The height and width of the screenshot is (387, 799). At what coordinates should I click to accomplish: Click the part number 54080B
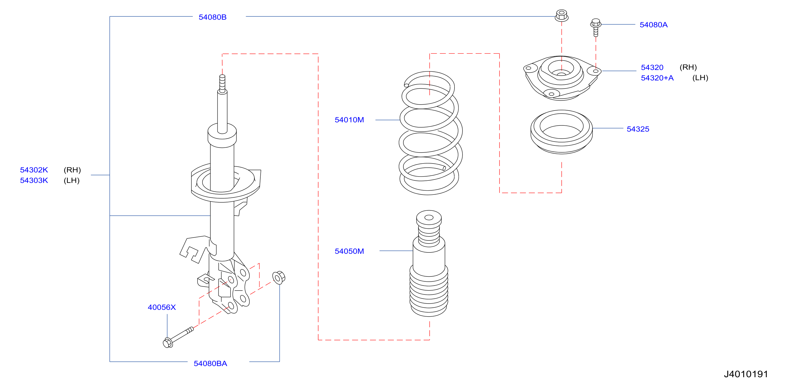tap(212, 17)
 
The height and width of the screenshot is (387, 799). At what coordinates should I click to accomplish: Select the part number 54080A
tap(654, 25)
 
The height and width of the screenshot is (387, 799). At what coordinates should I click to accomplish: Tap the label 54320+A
tap(657, 78)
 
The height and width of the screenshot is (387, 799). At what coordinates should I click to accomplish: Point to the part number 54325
tap(638, 129)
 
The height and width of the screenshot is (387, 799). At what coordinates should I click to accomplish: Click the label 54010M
tap(349, 120)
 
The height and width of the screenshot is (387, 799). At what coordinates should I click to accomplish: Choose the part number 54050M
tap(349, 251)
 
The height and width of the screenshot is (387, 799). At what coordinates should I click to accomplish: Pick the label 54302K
tap(34, 170)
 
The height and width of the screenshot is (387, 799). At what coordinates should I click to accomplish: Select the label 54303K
tap(34, 180)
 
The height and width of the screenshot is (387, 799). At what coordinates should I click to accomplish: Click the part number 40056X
tap(162, 307)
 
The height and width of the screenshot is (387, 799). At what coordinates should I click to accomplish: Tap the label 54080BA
tap(210, 364)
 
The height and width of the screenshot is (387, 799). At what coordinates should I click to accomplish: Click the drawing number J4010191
tap(746, 374)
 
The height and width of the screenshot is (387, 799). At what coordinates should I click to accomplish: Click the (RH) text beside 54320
tap(688, 67)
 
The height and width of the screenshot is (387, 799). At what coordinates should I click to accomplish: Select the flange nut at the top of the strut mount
tap(561, 16)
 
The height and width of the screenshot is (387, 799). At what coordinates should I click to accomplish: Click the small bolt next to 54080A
tap(595, 27)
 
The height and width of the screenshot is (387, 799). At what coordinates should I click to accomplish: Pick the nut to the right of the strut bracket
tap(279, 277)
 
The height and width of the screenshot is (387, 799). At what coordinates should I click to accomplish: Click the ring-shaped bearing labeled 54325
tap(561, 132)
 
